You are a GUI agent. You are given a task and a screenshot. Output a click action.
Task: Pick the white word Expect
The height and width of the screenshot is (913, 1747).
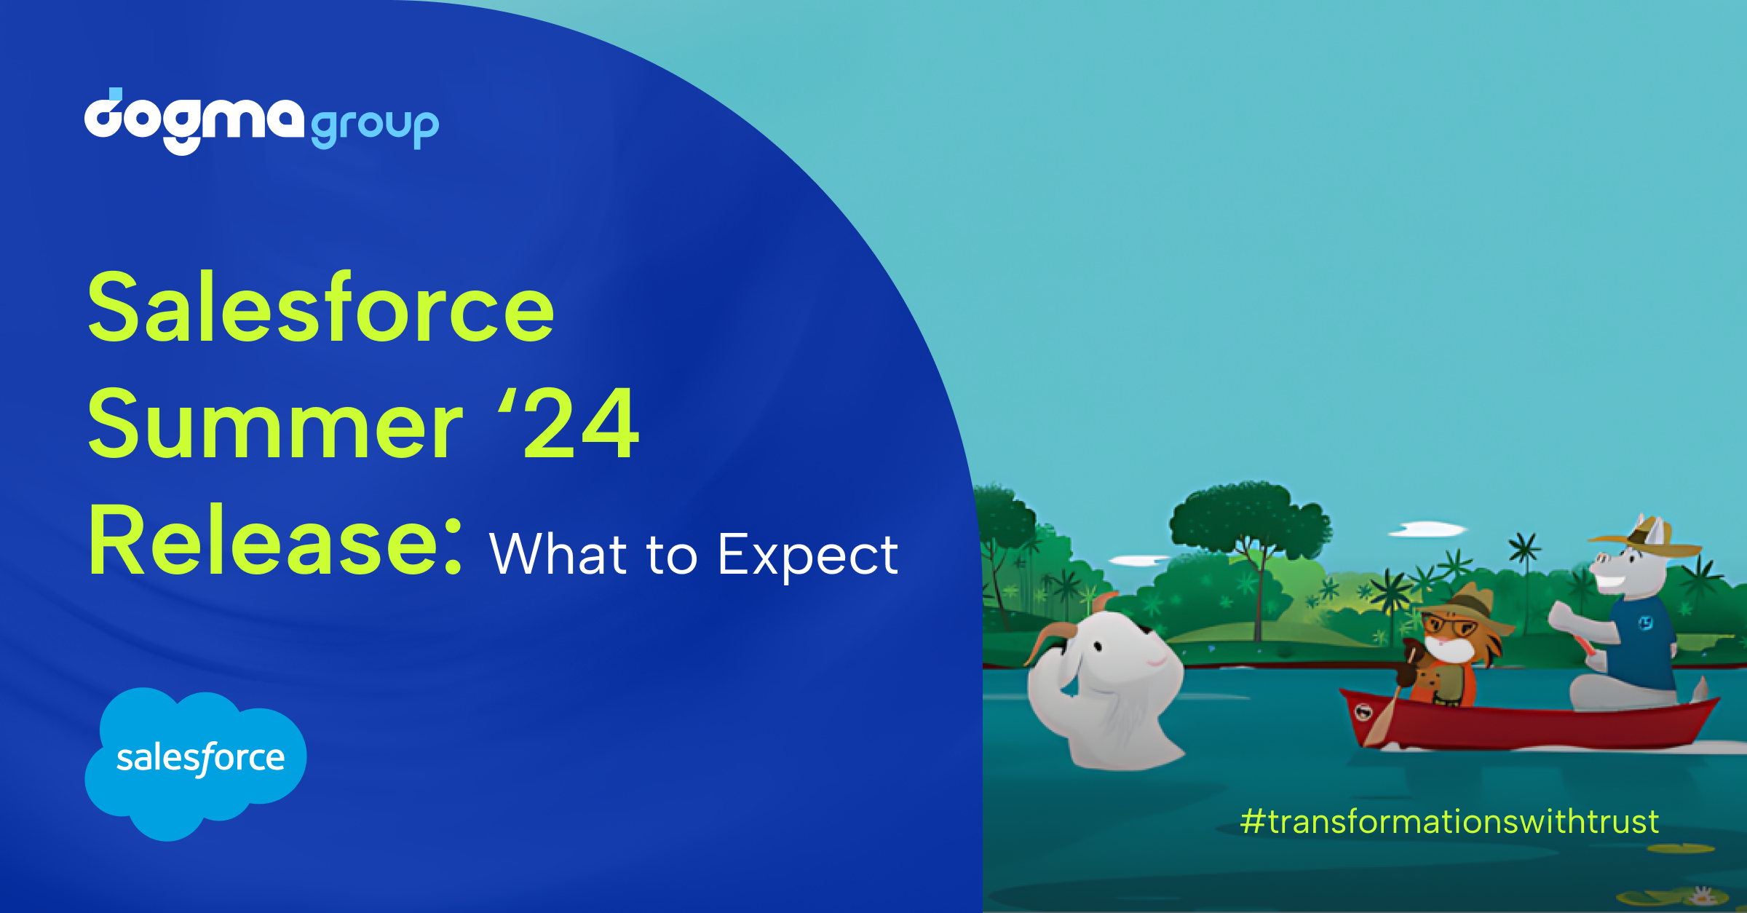(808, 556)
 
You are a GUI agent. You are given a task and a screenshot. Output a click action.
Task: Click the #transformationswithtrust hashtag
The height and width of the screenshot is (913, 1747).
(1449, 821)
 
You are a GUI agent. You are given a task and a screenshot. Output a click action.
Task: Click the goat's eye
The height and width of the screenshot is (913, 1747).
(1100, 647)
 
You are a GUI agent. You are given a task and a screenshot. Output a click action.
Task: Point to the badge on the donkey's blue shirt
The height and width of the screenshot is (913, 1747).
(1646, 623)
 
